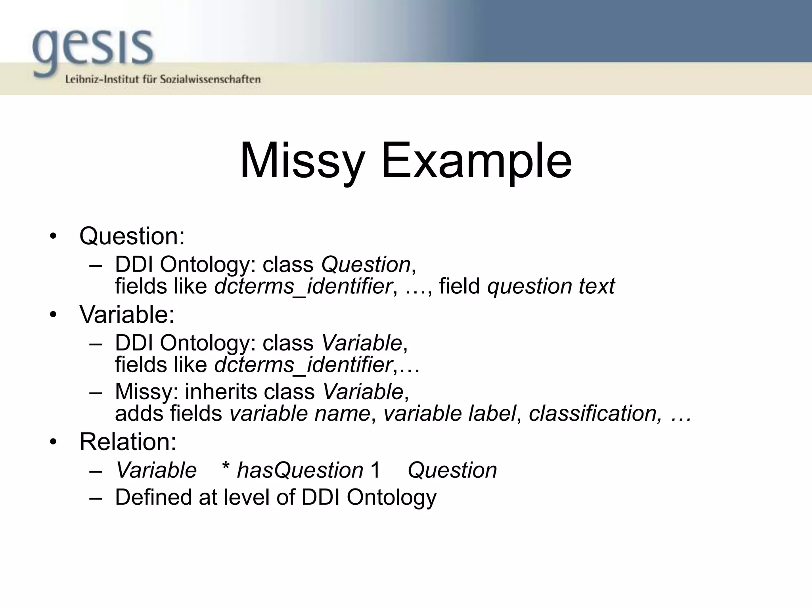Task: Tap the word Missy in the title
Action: point(302,161)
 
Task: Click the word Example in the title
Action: point(476,161)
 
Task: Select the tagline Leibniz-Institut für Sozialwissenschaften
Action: point(163,79)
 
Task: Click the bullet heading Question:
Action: point(132,236)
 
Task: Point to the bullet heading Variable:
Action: point(127,314)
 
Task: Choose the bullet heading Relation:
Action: point(128,441)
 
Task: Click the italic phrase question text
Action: point(551,286)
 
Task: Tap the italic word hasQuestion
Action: point(300,471)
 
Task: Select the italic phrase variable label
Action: point(450,414)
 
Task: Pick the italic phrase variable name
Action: point(300,414)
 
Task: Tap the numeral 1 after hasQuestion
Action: point(375,471)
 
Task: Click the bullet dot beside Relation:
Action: point(53,442)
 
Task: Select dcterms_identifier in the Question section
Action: point(303,286)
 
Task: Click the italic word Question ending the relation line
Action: point(452,471)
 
